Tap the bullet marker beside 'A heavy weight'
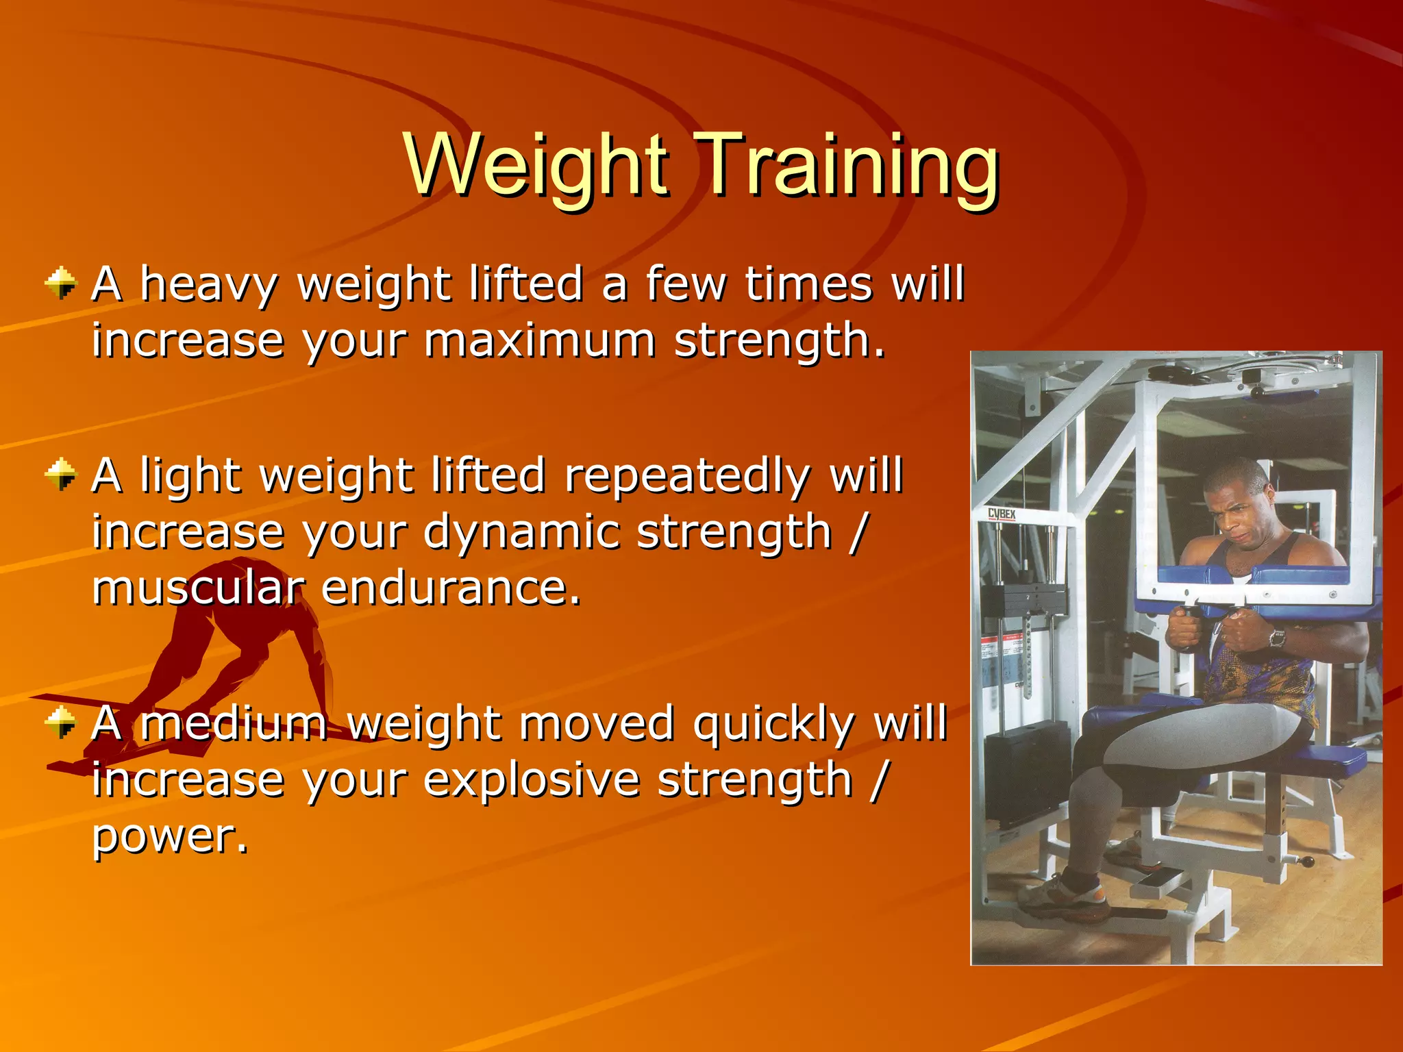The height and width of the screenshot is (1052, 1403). [61, 283]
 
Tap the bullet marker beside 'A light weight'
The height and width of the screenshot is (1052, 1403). [61, 474]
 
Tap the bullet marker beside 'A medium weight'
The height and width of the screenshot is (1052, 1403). [61, 722]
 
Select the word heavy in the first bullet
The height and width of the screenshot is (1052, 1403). [209, 285]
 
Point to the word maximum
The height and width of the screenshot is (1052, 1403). [539, 340]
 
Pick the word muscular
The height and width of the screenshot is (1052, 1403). [198, 588]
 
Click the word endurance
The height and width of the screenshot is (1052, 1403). [451, 588]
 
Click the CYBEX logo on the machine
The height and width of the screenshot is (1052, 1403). [1001, 514]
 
